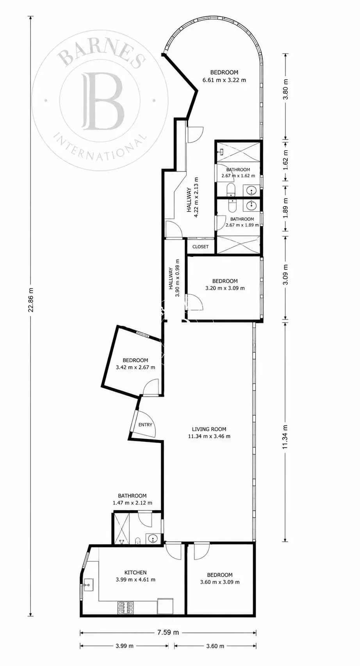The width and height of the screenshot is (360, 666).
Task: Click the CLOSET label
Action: (200, 246)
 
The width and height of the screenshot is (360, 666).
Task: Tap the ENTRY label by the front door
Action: (145, 425)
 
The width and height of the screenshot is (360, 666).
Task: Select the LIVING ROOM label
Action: (209, 429)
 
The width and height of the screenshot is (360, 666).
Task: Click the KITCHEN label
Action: (135, 572)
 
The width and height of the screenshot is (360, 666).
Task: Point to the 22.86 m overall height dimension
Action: (30, 300)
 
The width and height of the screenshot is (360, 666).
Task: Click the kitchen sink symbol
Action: (89, 585)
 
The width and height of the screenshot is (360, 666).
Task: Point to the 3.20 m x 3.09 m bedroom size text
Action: (225, 288)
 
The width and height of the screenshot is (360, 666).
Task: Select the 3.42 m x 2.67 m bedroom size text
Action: (135, 367)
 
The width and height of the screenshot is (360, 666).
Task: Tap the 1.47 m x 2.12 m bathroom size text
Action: (133, 503)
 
